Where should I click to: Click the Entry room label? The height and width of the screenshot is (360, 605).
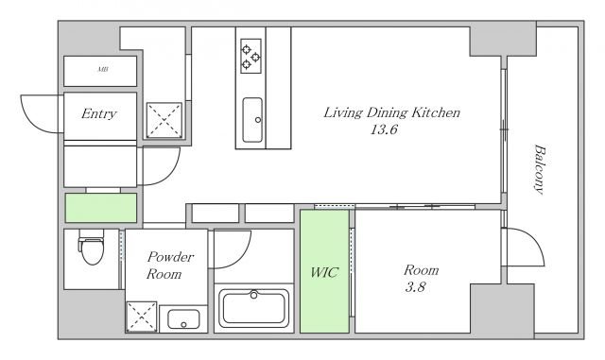(x=99, y=113)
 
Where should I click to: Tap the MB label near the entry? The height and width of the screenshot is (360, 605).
(x=103, y=70)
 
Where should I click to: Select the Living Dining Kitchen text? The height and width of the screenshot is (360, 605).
(x=391, y=112)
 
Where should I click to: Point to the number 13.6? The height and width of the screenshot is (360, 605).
(x=384, y=129)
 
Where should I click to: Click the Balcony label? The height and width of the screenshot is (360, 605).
(x=540, y=169)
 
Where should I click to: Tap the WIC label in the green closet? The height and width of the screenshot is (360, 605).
(x=324, y=272)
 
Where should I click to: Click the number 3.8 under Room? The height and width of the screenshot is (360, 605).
(x=415, y=287)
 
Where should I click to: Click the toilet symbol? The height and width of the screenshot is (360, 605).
(x=92, y=247)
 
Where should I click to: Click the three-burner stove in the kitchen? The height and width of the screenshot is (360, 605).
(x=251, y=56)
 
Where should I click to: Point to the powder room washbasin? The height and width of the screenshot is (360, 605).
(x=183, y=319)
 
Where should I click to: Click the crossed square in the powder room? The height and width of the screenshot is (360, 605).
(x=142, y=317)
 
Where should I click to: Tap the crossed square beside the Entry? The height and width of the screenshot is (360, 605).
(x=164, y=120)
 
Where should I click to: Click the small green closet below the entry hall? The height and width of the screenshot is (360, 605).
(x=101, y=208)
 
